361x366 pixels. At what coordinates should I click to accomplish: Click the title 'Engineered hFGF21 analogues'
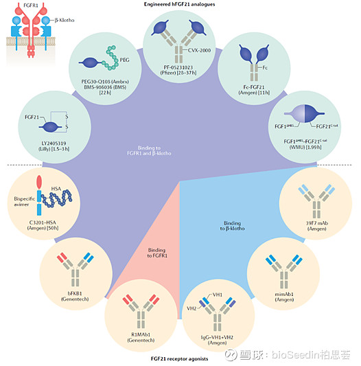click(x=180, y=4)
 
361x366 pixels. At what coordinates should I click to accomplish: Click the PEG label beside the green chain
click(x=124, y=60)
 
